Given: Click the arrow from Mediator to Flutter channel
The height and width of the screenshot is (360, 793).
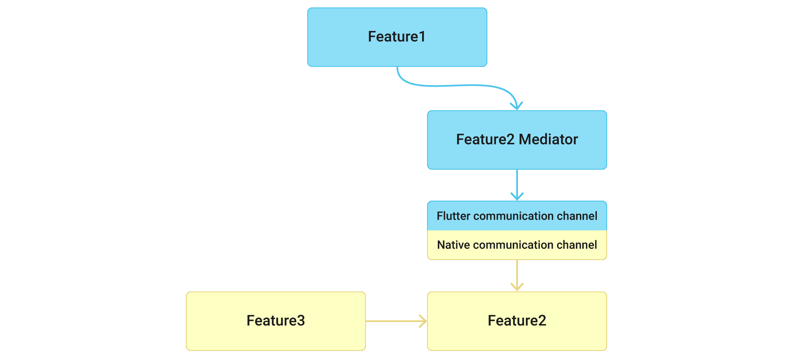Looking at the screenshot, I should (517, 184).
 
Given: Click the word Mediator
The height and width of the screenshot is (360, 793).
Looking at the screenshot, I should (548, 140).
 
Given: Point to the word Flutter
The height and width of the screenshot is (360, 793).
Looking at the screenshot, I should (453, 216).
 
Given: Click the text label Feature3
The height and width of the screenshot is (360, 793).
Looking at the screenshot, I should (275, 321).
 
